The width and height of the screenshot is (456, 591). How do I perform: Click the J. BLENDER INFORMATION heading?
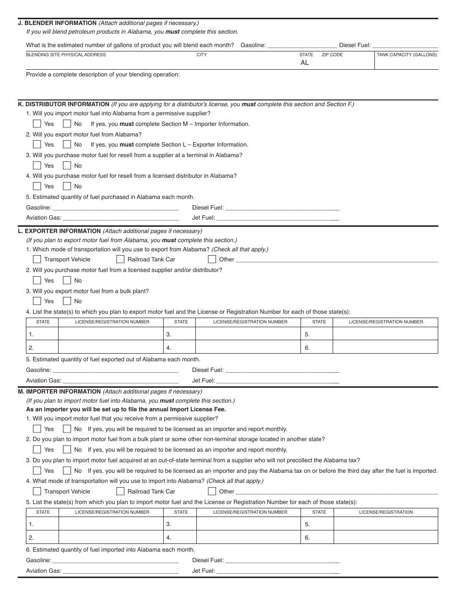57,23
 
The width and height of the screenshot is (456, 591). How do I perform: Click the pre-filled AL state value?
305,63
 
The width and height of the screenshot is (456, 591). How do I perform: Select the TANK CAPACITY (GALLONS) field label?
407,55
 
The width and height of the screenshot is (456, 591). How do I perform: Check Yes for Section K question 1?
37,123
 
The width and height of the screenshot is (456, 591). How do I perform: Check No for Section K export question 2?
67,144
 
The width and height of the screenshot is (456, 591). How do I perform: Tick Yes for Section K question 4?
37,186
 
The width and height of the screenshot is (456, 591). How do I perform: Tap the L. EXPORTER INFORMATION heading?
59,231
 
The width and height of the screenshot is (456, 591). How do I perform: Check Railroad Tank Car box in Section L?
120,259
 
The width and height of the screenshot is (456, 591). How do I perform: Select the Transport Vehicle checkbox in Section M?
37,491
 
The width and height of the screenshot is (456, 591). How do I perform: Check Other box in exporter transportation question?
212,259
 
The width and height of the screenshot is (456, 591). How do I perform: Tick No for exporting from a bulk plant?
67,301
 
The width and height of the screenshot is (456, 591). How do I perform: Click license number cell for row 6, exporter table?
385,347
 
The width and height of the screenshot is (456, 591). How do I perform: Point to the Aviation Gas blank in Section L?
120,380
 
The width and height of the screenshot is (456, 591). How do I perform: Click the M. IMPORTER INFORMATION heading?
59,392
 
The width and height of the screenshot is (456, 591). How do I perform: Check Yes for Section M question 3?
37,470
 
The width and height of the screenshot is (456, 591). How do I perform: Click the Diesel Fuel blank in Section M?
282,560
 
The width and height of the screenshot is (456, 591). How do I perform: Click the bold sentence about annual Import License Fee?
126,409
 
